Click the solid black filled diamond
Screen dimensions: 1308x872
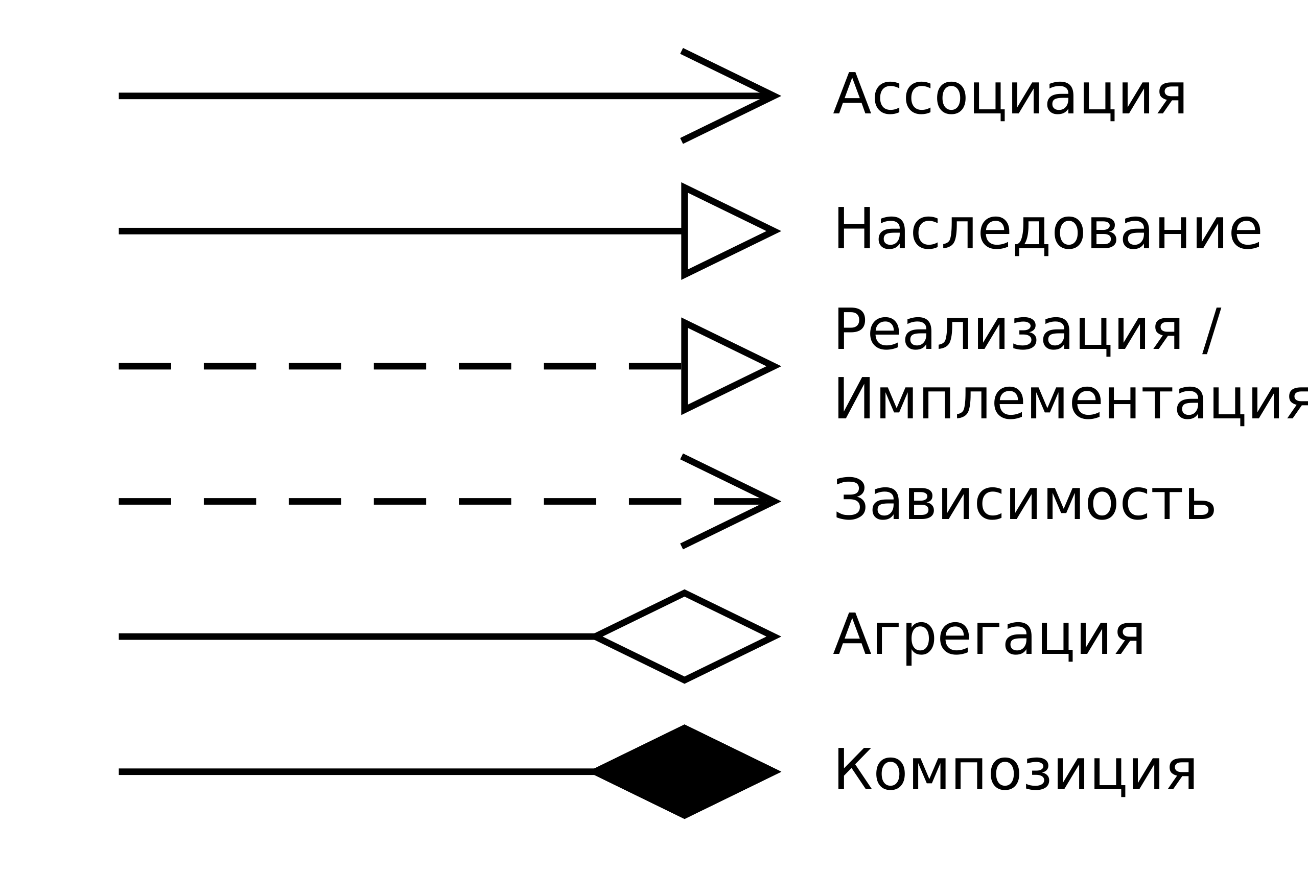tap(687, 772)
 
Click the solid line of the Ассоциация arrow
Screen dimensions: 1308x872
tap(442, 96)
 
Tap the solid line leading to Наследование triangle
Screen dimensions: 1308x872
tap(401, 231)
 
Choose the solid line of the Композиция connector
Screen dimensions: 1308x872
tap(357, 772)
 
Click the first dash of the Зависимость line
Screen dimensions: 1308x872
tap(145, 502)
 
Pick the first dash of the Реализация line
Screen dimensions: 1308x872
tap(145, 366)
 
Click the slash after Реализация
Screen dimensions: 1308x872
tap(1212, 331)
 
